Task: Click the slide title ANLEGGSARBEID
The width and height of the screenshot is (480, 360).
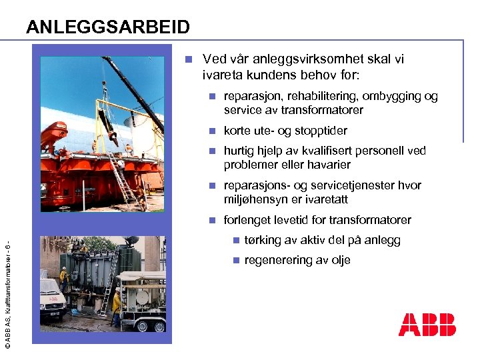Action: tap(108, 27)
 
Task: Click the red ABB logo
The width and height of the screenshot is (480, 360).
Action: tap(427, 325)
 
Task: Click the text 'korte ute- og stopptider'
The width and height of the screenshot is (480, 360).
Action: tap(285, 131)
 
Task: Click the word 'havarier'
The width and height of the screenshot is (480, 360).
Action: tap(328, 165)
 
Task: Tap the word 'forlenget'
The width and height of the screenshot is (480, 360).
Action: tap(249, 220)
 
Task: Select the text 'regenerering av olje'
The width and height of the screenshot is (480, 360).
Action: tap(297, 260)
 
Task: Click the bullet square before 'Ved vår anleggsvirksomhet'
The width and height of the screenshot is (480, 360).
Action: tap(189, 59)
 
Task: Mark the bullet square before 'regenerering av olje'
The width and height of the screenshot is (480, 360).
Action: tap(234, 260)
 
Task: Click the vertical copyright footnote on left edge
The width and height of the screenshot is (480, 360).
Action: tap(7, 287)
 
